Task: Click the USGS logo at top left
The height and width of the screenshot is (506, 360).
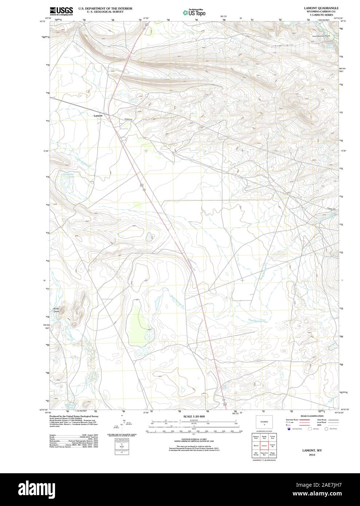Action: [61, 11]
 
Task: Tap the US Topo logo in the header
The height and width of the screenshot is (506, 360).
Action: [194, 12]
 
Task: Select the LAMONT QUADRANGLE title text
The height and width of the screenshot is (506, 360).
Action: [316, 8]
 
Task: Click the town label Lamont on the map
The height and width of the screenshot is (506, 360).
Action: [98, 116]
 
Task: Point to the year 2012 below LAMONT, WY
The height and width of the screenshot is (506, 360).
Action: [312, 455]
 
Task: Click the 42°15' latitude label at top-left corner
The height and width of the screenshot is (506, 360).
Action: [43, 22]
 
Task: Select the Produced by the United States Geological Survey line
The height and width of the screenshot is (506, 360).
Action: [74, 416]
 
